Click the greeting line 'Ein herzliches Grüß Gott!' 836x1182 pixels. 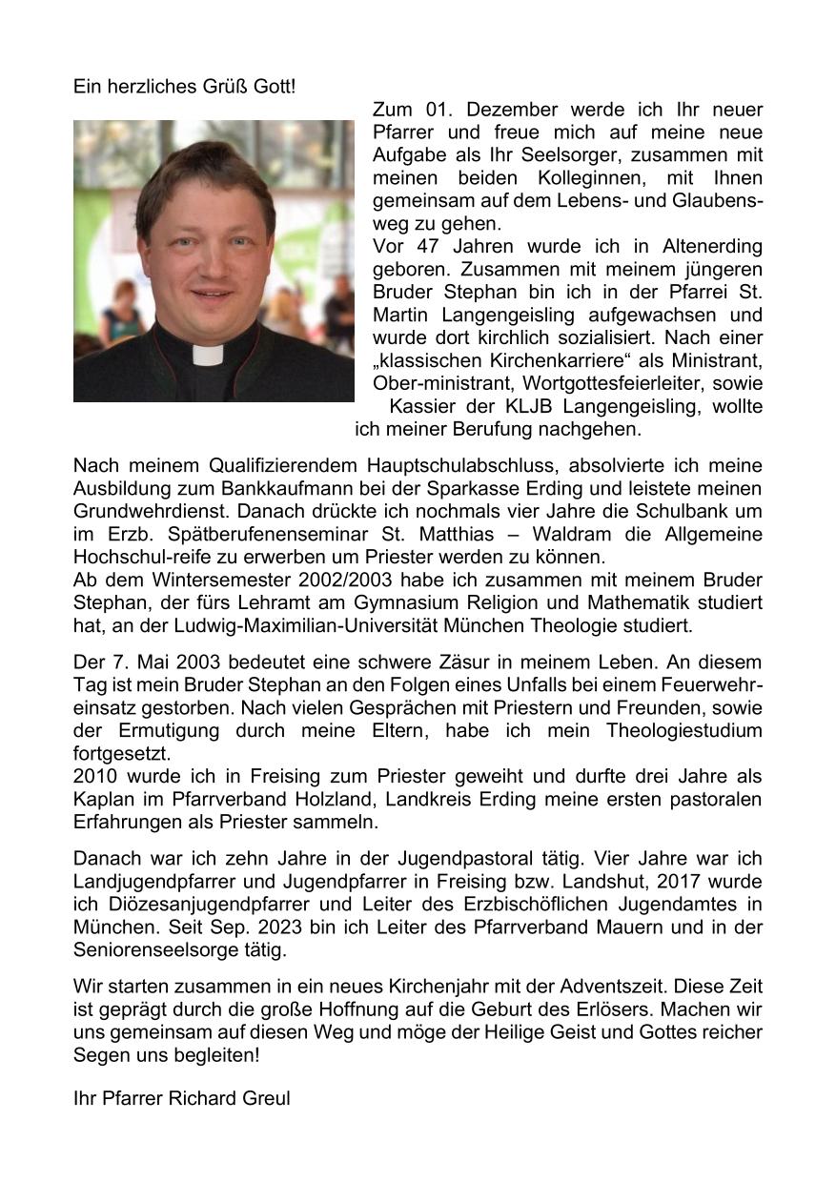(184, 87)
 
